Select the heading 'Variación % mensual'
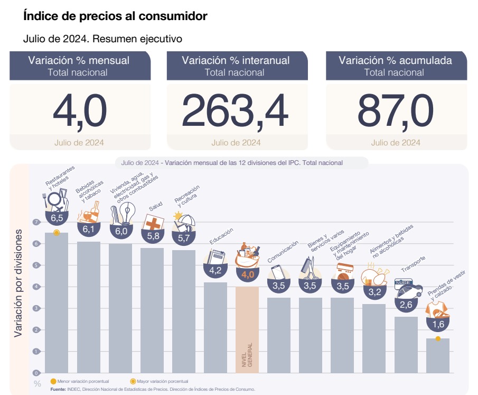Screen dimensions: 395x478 tap(79, 60)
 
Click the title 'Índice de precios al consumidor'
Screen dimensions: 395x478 tap(115, 16)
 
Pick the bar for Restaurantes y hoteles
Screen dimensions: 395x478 tap(57, 307)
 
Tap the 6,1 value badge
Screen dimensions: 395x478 tap(89, 229)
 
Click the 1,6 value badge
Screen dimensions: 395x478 tap(438, 324)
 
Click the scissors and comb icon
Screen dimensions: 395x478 tap(311, 268)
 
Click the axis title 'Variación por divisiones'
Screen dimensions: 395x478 tap(18, 283)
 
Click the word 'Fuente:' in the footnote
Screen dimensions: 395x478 tap(58, 389)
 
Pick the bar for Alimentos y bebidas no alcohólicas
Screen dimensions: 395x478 tap(374, 338)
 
